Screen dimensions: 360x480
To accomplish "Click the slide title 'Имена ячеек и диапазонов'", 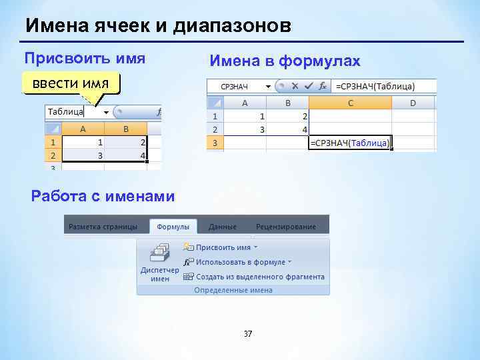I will pyautogui.click(x=158, y=26).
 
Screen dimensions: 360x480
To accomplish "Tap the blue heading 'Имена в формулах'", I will pyautogui.click(x=285, y=61).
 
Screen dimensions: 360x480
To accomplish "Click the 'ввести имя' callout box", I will pyautogui.click(x=71, y=84).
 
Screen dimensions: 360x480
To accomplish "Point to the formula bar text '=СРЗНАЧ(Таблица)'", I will pyautogui.click(x=375, y=87).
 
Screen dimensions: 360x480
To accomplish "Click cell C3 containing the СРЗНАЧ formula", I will pyautogui.click(x=350, y=143).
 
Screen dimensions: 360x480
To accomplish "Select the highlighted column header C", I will pyautogui.click(x=350, y=103).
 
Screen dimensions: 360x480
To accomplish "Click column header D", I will pyautogui.click(x=413, y=103).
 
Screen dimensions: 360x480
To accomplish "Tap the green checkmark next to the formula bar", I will pyautogui.click(x=308, y=86).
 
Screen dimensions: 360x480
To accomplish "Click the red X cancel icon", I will pyautogui.click(x=294, y=86).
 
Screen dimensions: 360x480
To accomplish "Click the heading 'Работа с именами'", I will pyautogui.click(x=103, y=196).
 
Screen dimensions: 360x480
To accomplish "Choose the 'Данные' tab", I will pyautogui.click(x=222, y=227).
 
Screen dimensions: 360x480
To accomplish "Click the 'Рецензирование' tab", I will pyautogui.click(x=285, y=227).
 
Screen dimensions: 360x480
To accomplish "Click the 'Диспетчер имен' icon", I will pyautogui.click(x=160, y=263).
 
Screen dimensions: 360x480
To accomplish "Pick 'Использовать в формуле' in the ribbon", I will pyautogui.click(x=239, y=262).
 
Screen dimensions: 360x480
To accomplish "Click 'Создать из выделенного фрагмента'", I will pyautogui.click(x=259, y=277).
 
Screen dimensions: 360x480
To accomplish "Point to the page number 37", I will pyautogui.click(x=248, y=334).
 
